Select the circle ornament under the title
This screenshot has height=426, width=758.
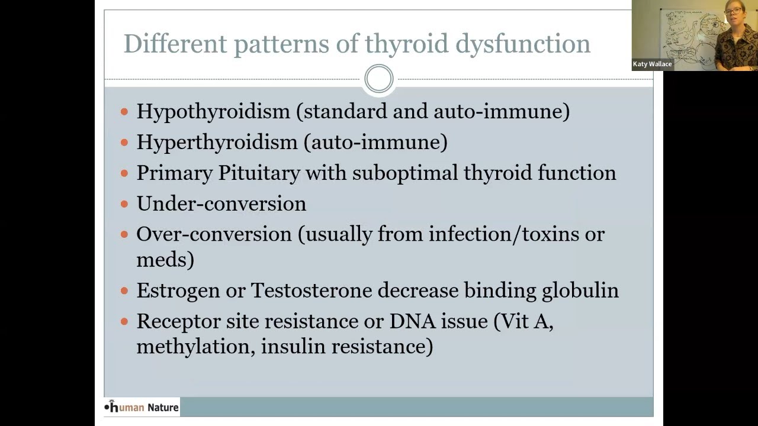pyautogui.click(x=379, y=79)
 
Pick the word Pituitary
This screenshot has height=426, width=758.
pyautogui.click(x=259, y=173)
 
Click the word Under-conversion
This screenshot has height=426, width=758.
pyautogui.click(x=221, y=204)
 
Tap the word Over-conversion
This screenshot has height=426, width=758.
pyautogui.click(x=214, y=234)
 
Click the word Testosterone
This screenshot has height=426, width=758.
pyautogui.click(x=311, y=290)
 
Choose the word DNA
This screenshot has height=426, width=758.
pyautogui.click(x=412, y=321)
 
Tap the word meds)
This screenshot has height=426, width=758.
pyautogui.click(x=165, y=260)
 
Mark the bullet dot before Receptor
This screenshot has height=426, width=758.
pyautogui.click(x=124, y=321)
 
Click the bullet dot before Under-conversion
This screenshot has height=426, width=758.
pyautogui.click(x=124, y=204)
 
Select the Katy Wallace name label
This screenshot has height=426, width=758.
pyautogui.click(x=652, y=64)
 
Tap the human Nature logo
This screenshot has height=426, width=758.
pyautogui.click(x=142, y=407)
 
